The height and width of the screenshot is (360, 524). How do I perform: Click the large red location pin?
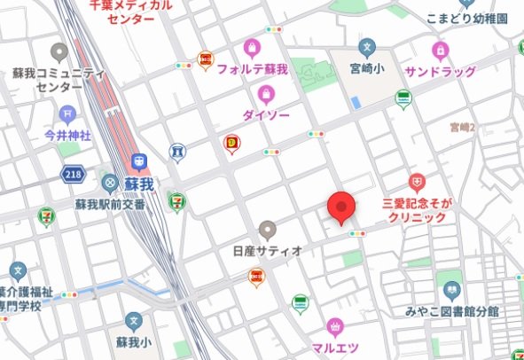click(x=341, y=207)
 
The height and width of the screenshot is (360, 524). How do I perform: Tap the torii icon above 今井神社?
click(x=68, y=113)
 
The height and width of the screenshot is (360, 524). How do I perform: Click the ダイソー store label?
click(x=263, y=114)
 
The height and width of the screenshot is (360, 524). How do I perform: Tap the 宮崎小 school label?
click(x=366, y=69)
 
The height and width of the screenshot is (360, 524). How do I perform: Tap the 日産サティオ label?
click(x=268, y=250)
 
